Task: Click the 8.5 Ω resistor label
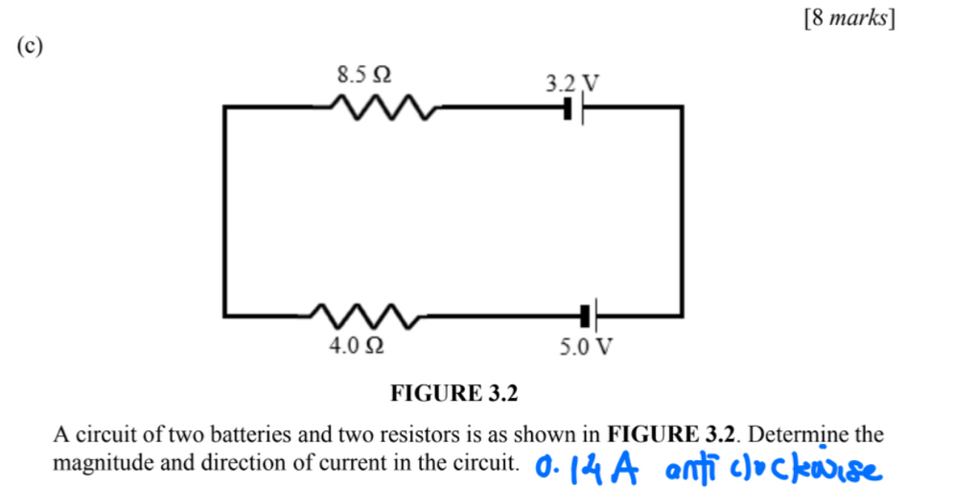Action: tap(364, 75)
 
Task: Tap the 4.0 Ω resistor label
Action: tap(356, 345)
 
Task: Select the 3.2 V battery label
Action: tap(572, 83)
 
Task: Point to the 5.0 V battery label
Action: tap(586, 347)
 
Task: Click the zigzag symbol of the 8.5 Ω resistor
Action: tap(383, 107)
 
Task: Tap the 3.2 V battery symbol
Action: tap(573, 108)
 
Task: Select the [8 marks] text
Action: tap(849, 18)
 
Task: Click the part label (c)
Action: tap(30, 46)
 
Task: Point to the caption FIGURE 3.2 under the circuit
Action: tap(454, 393)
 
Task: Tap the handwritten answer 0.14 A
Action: tap(587, 469)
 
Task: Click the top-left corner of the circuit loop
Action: tap(225, 107)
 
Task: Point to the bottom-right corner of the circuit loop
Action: tap(683, 316)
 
